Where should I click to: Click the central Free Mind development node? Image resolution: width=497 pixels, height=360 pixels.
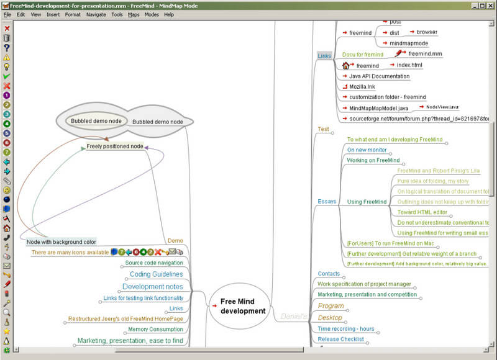[x=242, y=306]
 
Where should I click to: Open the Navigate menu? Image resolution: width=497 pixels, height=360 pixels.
[x=96, y=14]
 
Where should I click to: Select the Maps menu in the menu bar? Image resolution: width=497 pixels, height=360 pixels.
[x=134, y=14]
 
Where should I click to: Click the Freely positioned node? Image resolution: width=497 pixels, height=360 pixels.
[x=115, y=146]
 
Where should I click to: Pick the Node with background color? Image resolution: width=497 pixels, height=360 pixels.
[x=62, y=241]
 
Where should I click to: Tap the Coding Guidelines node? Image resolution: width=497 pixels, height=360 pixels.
[x=156, y=274]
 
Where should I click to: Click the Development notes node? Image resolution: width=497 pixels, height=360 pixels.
[x=153, y=287]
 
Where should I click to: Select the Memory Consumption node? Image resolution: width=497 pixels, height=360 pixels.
[x=155, y=329]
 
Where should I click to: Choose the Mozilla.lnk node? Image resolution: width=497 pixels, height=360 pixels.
[x=362, y=87]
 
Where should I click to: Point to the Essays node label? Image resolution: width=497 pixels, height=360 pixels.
[x=327, y=201]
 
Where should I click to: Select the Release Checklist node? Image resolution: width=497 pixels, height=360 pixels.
[x=341, y=340]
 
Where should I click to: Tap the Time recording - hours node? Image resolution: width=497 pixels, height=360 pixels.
[x=345, y=329]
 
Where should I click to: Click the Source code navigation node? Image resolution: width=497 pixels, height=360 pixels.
[x=154, y=263]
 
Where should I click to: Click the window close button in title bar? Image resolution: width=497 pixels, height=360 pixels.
[x=490, y=5]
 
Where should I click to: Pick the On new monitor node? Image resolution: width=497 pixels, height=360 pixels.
[x=367, y=150]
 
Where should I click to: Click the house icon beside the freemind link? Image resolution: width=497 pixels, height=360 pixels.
[x=346, y=65]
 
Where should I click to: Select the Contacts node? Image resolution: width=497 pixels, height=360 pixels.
[x=329, y=274]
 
